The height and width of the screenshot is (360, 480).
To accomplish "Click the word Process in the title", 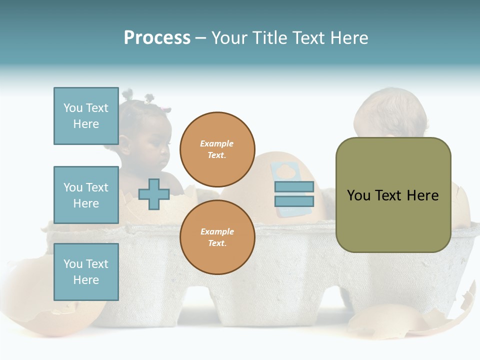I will pos(157,38).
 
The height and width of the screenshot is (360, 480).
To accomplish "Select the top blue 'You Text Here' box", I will pos(86,116).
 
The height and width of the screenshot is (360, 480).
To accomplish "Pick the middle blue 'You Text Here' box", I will pos(86,195).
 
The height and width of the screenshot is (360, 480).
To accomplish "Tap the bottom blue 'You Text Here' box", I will pos(86,271).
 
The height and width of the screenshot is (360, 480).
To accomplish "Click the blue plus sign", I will pos(154,194).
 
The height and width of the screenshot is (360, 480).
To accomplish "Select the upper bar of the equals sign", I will pos(294,186).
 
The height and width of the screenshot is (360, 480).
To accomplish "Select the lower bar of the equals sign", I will pos(294,201).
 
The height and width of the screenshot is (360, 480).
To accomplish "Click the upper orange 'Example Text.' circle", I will pos(217,149).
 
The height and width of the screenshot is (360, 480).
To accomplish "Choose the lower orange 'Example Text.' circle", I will pos(217,237).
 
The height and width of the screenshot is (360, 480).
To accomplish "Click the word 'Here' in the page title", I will pos(348,38).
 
